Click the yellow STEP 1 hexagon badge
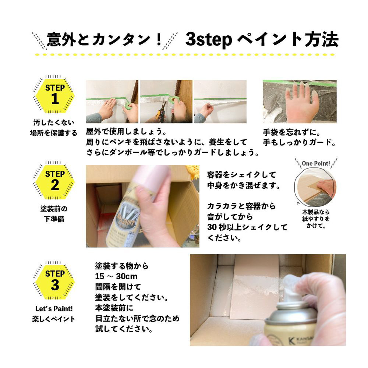tap(55, 95)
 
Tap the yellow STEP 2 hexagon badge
tap(55, 181)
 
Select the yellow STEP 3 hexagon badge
tap(55, 281)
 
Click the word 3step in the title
tap(209, 40)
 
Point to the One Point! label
tap(316, 163)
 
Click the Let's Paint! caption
tap(54, 308)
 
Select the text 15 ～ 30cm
tap(116, 276)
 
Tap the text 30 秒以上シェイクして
tap(247, 227)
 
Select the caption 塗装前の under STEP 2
tap(54, 209)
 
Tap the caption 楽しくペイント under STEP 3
tap(54, 319)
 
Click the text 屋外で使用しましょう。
tap(127, 131)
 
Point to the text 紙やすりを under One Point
tap(316, 219)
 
